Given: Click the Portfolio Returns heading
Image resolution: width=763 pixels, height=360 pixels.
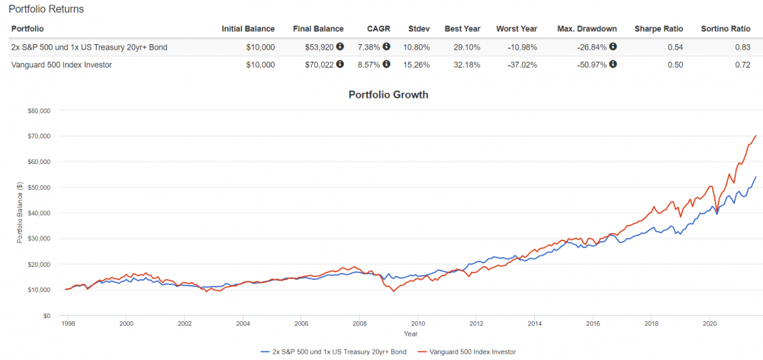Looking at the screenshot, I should (x=46, y=9).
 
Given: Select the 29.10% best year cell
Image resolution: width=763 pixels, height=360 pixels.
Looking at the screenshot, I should (x=463, y=47).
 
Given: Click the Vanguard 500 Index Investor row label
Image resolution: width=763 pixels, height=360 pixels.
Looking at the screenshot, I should (x=63, y=65).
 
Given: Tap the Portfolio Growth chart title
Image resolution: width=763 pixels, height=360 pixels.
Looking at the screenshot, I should (x=388, y=95).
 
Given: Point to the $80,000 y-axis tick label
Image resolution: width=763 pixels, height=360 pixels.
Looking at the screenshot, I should (x=38, y=111).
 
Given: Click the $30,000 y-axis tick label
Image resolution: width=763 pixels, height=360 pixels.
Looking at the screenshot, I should (x=38, y=239).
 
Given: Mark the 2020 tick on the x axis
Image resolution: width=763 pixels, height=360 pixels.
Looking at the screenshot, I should (x=710, y=323).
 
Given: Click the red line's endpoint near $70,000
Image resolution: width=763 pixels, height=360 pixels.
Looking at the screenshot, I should (x=756, y=136).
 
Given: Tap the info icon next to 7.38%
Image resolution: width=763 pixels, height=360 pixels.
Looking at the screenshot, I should (x=386, y=47).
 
